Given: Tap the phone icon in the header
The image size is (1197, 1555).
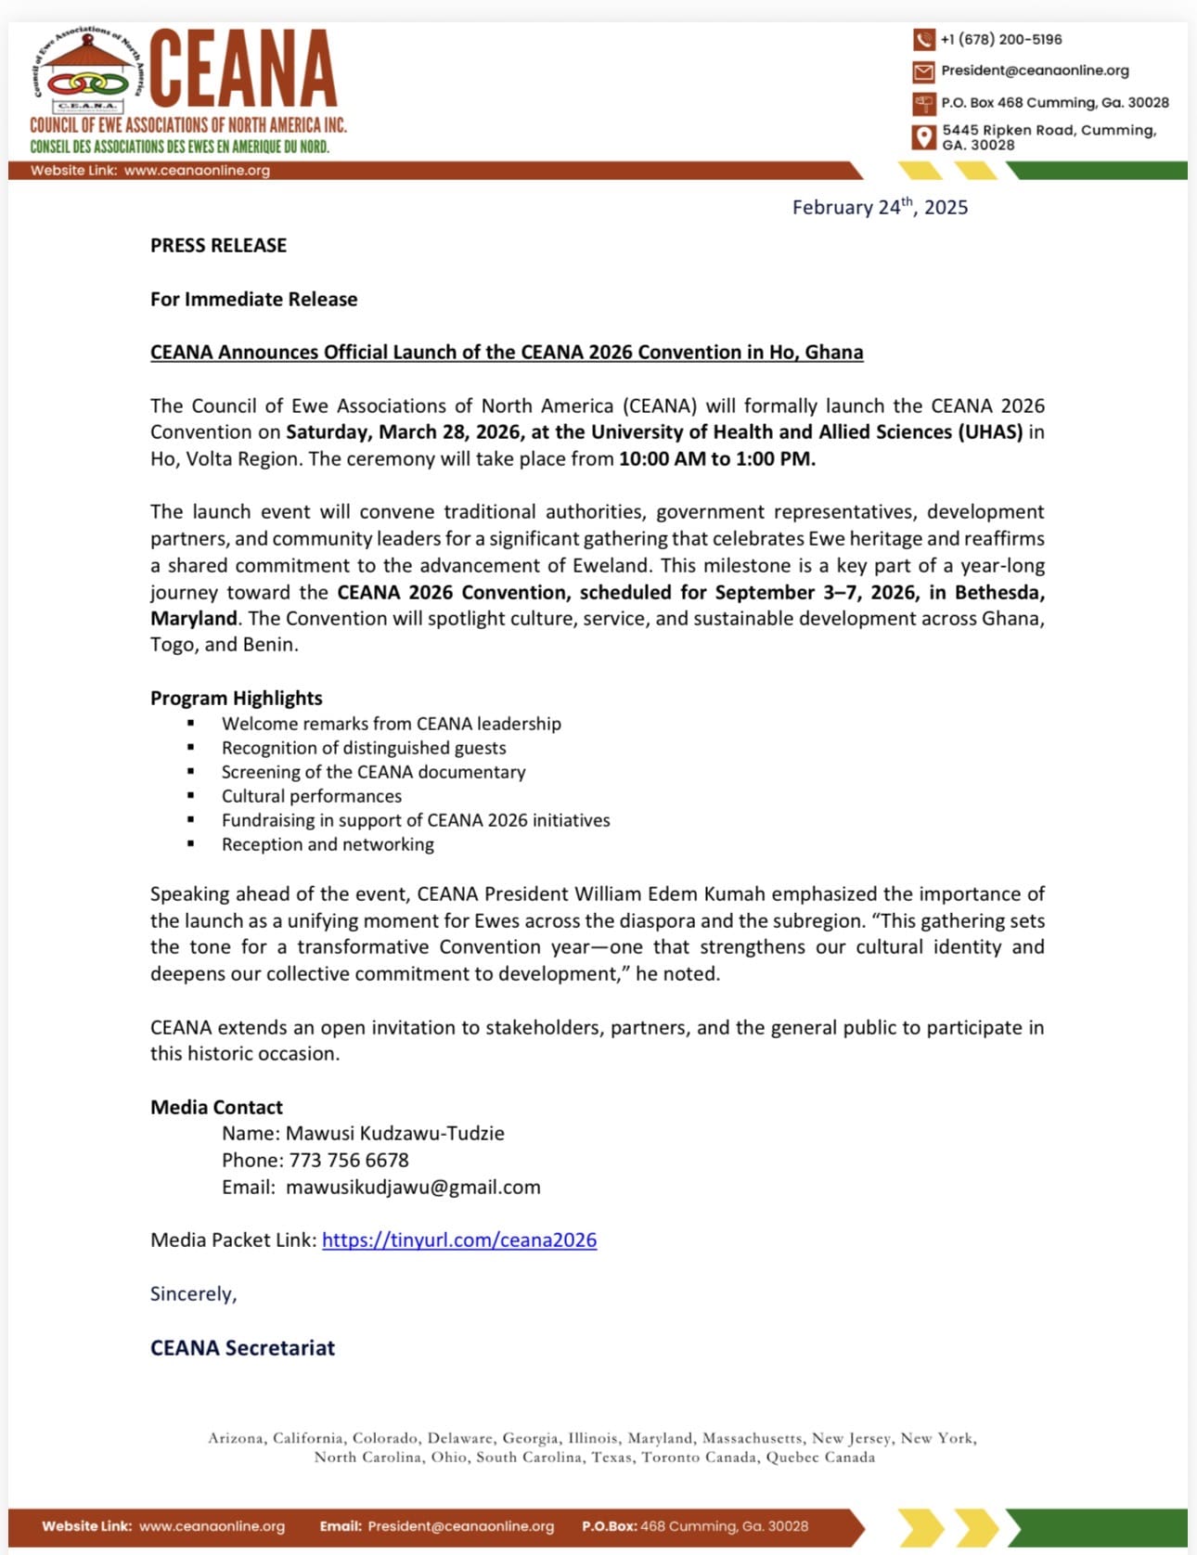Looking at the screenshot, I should pyautogui.click(x=923, y=40).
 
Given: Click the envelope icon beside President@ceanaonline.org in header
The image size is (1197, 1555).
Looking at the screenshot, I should pyautogui.click(x=923, y=71).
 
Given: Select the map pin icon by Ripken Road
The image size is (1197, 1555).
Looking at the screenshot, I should pyautogui.click(x=923, y=137).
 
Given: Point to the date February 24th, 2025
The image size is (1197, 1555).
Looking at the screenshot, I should pyautogui.click(x=879, y=208).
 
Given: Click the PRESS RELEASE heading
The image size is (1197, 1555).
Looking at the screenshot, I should pyautogui.click(x=218, y=246).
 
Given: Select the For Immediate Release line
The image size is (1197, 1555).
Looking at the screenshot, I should pyautogui.click(x=253, y=300).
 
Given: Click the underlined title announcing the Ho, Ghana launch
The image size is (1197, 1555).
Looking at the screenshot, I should pyautogui.click(x=507, y=353).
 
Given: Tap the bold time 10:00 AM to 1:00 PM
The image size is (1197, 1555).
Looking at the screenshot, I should pyautogui.click(x=716, y=459).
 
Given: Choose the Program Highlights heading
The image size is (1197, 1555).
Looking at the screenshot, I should pyautogui.click(x=237, y=699).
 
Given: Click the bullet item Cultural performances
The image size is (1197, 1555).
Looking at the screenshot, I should pyautogui.click(x=312, y=797).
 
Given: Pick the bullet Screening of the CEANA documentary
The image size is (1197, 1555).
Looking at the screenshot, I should pyautogui.click(x=373, y=773).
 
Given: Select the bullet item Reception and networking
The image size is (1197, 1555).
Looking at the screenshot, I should pyautogui.click(x=328, y=845).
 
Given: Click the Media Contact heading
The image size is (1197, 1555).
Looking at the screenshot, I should pyautogui.click(x=216, y=1108).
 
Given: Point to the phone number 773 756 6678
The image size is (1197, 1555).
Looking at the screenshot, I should pyautogui.click(x=349, y=1161).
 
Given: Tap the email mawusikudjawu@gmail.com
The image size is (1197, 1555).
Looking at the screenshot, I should pyautogui.click(x=413, y=1188).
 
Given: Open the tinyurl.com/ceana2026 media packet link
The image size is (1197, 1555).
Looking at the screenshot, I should pyautogui.click(x=459, y=1240).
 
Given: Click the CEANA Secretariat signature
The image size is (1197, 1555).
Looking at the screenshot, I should pyautogui.click(x=242, y=1348).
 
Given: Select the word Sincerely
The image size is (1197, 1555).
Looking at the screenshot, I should pyautogui.click(x=193, y=1294).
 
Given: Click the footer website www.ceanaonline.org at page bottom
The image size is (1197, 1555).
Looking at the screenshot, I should pyautogui.click(x=212, y=1526).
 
